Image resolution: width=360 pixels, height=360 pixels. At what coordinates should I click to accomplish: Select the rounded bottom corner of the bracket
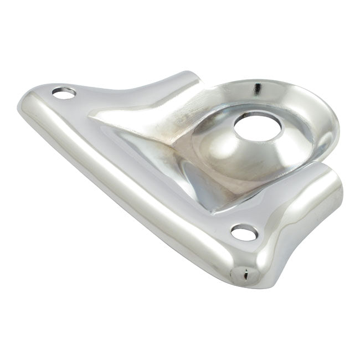coord(244,277)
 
